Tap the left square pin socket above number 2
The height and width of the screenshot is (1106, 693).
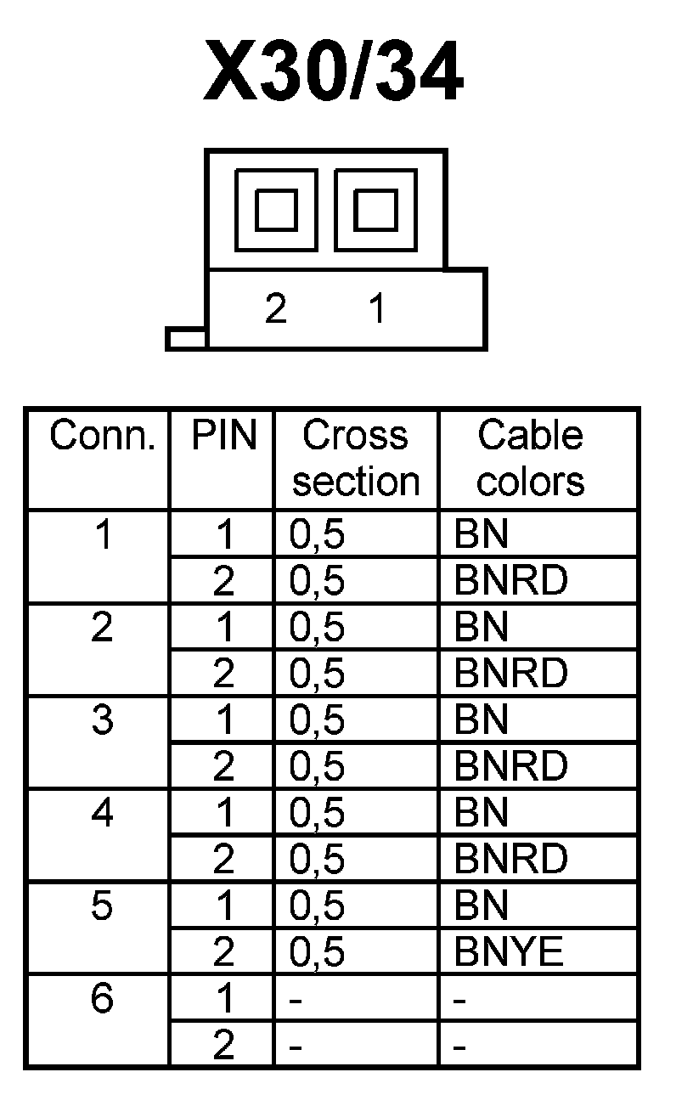(x=276, y=209)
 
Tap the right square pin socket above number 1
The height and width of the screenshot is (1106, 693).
(x=375, y=209)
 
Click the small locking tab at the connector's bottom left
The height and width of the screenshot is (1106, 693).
(x=186, y=339)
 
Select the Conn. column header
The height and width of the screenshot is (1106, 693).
(x=103, y=437)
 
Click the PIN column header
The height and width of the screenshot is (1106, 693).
(x=223, y=437)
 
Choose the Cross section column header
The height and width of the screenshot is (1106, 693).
(x=356, y=459)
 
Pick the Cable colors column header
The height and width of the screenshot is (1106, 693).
(x=531, y=459)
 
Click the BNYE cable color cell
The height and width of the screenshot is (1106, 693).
(x=509, y=952)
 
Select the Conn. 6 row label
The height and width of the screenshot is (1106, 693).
(x=102, y=999)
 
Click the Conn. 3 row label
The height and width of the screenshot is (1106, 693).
(x=102, y=720)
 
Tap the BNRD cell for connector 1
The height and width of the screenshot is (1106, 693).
(x=510, y=581)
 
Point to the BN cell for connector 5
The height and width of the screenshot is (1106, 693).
(x=482, y=906)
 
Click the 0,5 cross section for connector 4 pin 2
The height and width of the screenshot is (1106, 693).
(x=318, y=860)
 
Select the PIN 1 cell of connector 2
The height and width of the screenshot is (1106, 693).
(x=223, y=628)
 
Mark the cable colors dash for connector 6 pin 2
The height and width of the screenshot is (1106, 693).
(x=459, y=1046)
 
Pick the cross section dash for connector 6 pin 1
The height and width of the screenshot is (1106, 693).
(x=296, y=1000)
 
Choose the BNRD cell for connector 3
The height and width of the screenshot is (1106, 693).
(x=510, y=767)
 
